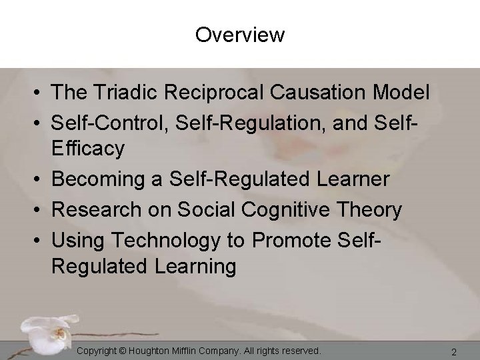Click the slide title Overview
240,34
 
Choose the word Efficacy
88,150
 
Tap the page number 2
454,351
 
